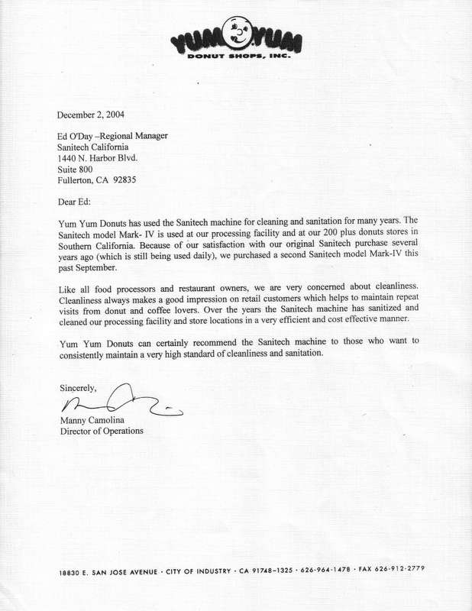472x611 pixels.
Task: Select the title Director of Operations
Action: tap(101, 431)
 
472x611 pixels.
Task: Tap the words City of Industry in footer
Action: tap(199, 571)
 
